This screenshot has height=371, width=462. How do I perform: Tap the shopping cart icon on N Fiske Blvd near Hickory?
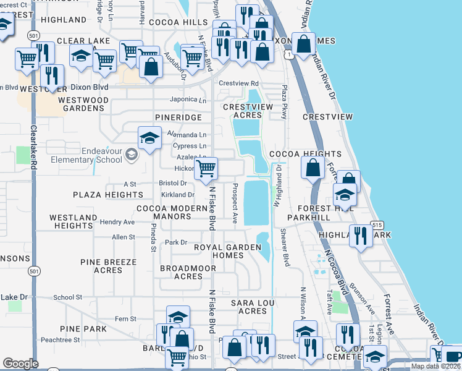pos(206,168)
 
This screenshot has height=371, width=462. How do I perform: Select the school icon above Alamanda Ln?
pos(149,139)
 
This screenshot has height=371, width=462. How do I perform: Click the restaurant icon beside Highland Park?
pos(360,236)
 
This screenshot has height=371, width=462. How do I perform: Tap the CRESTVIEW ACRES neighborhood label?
pos(247,111)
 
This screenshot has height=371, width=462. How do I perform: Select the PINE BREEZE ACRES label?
pos(108,267)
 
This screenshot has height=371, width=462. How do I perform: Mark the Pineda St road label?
pos(153,232)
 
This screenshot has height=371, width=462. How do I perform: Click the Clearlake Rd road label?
pos(35,162)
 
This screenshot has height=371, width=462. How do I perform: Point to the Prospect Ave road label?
pos(235,203)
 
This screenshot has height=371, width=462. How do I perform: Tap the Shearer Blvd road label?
pos(286,248)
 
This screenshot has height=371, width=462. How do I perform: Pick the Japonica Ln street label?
pos(188,100)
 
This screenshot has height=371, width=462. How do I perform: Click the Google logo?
pos(20,364)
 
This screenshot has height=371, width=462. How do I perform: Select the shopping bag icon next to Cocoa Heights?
pos(313,168)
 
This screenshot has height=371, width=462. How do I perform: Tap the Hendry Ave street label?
pos(117,222)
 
